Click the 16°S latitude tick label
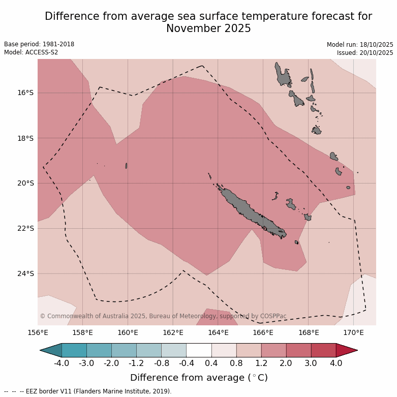pos(25,93)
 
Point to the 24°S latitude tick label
pos(25,273)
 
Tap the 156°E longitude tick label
pos(38,333)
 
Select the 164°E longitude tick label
pos(218,333)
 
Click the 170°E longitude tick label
pos(353,333)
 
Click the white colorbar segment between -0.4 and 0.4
pos(199,350)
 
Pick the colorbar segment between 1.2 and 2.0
pos(273,350)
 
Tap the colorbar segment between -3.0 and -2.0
pos(99,350)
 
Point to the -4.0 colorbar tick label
pos(62,363)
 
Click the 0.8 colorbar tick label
pos(236,363)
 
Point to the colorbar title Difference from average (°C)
pos(199,378)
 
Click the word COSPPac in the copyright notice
pos(273,316)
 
